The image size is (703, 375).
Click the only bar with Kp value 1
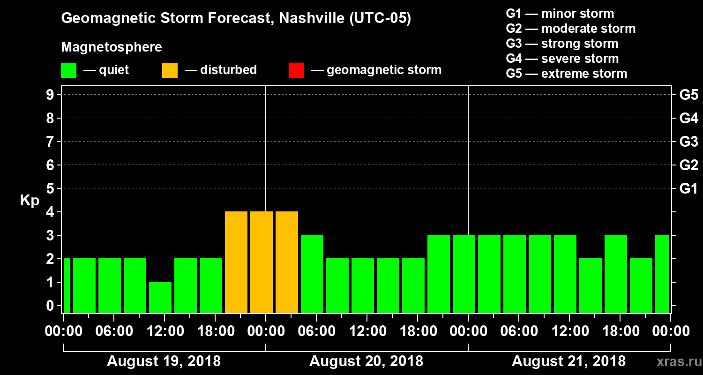[160, 297]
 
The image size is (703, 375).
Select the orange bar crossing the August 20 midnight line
[262, 262]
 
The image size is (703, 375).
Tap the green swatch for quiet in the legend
[68, 71]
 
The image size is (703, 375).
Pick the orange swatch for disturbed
[170, 71]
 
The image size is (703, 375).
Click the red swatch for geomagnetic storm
[296, 71]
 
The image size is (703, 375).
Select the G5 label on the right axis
[688, 95]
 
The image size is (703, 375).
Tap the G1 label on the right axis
[688, 188]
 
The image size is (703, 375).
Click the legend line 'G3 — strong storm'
[562, 44]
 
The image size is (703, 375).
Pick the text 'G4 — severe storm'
[562, 59]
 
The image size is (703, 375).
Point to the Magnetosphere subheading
[112, 47]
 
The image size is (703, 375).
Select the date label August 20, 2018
[366, 361]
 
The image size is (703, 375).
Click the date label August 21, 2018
[568, 361]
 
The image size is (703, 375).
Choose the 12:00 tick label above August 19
[165, 331]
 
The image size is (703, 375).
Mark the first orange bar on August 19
[236, 262]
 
